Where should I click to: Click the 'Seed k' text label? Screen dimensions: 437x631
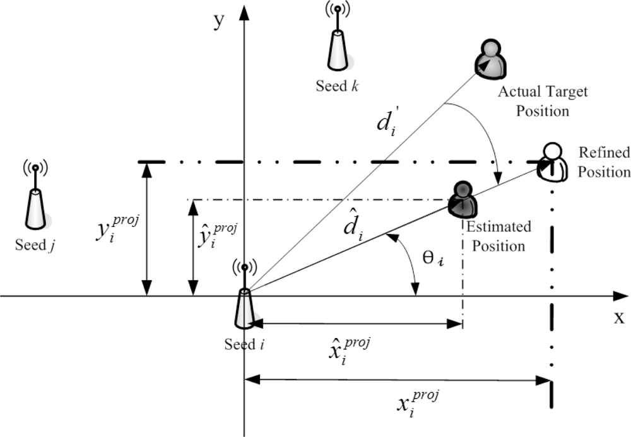(338, 86)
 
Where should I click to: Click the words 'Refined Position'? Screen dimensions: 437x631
(604, 162)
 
